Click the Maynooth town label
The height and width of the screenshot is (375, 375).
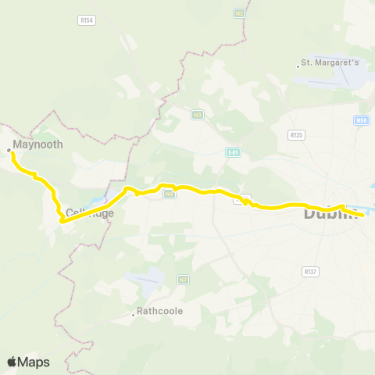click(33, 145)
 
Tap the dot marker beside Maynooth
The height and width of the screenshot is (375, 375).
click(9, 149)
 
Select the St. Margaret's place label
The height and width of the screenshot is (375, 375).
click(330, 63)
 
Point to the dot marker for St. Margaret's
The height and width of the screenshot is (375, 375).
click(298, 66)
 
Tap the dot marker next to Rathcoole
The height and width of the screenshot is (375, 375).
click(134, 316)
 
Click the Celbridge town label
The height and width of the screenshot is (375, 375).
click(90, 212)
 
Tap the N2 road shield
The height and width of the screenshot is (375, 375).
click(238, 14)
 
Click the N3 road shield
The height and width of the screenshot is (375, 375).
click(198, 114)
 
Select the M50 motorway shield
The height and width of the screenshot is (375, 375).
click(361, 120)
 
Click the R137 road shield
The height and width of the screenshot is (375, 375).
click(309, 271)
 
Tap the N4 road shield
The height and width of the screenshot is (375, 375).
click(168, 194)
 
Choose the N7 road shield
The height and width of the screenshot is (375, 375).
click(184, 279)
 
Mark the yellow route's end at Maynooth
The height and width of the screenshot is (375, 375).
click(12, 154)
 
